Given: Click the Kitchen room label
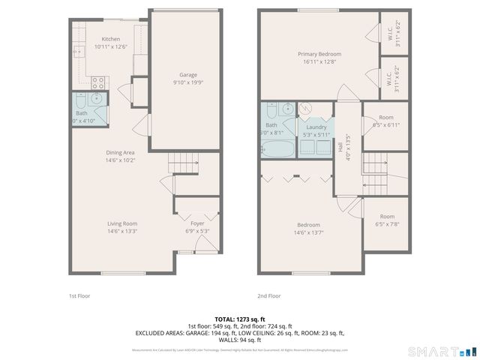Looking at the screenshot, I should pyautogui.click(x=111, y=39).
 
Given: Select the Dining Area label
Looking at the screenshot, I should pyautogui.click(x=120, y=152).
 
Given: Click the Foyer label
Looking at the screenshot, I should pyautogui.click(x=197, y=223).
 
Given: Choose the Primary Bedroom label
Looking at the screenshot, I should pyautogui.click(x=319, y=54).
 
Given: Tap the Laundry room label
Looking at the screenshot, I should pyautogui.click(x=316, y=127).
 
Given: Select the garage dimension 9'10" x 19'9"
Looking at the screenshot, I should pyautogui.click(x=187, y=82).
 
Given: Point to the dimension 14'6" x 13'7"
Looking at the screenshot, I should pyautogui.click(x=308, y=232).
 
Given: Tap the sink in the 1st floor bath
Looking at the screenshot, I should pyautogui.click(x=97, y=100).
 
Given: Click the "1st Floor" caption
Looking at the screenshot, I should pyautogui.click(x=79, y=296).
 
